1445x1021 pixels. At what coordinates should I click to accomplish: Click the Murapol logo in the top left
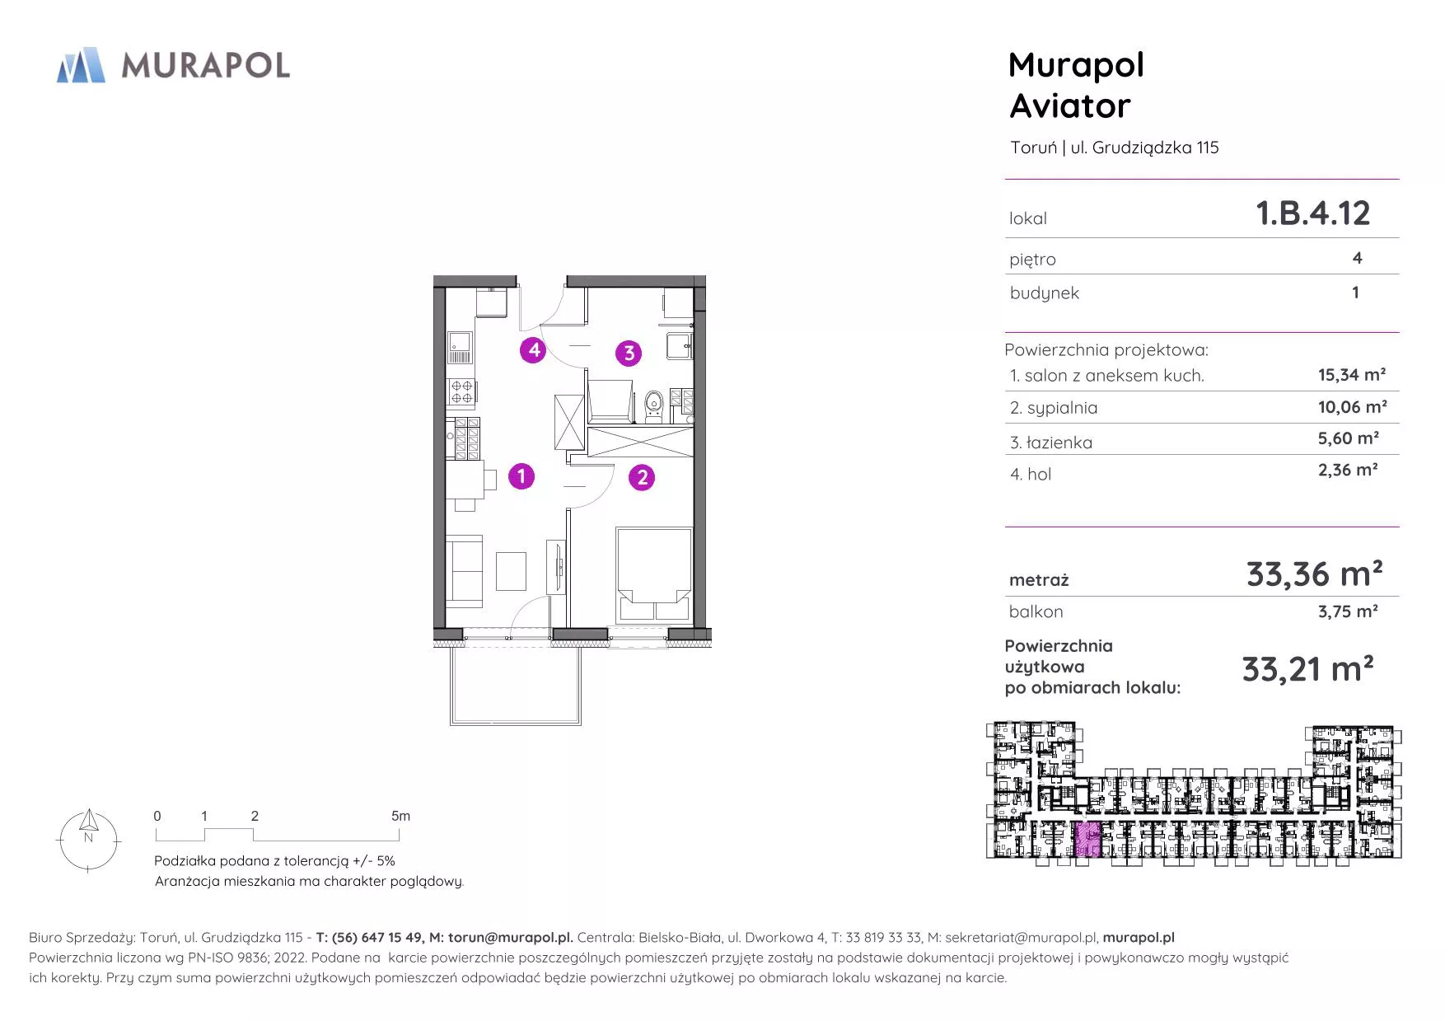tap(173, 65)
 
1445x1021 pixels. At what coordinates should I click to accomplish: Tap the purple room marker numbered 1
tap(521, 476)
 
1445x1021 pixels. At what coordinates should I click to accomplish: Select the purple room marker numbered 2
tap(642, 477)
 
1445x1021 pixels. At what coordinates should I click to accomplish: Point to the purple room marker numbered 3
tap(629, 354)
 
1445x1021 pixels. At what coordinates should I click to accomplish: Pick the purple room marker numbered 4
tap(534, 350)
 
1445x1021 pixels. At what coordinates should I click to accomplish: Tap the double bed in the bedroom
tap(654, 574)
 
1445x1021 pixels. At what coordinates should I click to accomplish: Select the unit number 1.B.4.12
tap(1312, 213)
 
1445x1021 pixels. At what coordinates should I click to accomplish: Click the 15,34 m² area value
tap(1351, 375)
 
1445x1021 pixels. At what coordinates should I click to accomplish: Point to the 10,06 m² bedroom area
tap(1352, 407)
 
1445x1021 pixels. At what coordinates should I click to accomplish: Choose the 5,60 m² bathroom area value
tap(1348, 438)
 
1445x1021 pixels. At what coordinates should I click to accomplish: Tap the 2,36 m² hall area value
tap(1348, 470)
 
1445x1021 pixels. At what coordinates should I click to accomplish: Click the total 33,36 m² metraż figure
tap(1314, 574)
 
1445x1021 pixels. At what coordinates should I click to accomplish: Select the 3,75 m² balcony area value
tap(1348, 611)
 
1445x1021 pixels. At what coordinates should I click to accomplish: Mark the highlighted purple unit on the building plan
tap(1087, 840)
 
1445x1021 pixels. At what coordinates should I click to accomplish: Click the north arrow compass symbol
tap(89, 840)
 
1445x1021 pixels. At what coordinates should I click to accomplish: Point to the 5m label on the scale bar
tap(400, 816)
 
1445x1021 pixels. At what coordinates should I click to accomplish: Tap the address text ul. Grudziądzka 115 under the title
tap(1144, 148)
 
